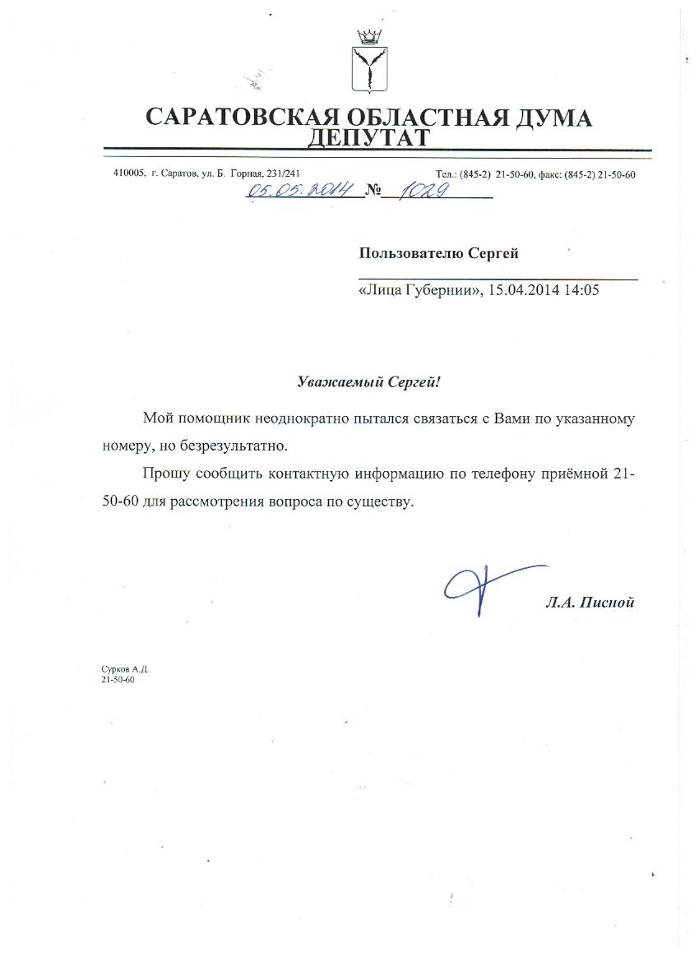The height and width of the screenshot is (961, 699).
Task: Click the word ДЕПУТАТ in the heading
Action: point(368,137)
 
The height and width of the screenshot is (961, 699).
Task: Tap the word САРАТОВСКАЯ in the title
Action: point(238,117)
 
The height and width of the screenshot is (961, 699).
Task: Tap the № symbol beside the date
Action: point(375,192)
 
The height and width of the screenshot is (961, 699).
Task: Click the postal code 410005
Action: point(129,173)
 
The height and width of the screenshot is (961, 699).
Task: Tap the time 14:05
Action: point(580,289)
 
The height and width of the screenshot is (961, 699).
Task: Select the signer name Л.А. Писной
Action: point(590,603)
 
